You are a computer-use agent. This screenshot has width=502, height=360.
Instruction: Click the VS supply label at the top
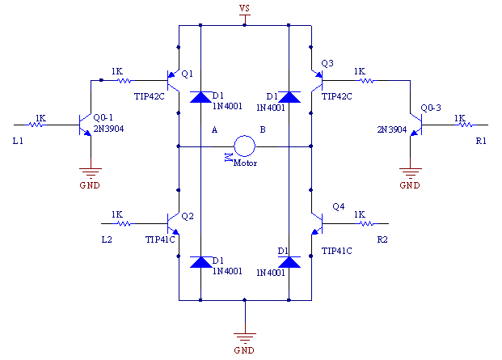tap(244, 8)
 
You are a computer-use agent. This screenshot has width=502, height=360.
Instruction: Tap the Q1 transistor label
tap(187, 74)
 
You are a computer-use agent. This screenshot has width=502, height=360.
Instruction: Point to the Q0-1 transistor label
tap(103, 117)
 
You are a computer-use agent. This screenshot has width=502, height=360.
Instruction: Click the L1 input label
tap(18, 141)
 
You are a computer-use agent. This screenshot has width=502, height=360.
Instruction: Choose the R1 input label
tap(481, 141)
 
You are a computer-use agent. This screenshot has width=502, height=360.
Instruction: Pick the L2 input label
tap(107, 239)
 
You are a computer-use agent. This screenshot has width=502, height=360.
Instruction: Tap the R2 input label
tap(382, 239)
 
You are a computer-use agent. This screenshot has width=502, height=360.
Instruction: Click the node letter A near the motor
tap(214, 129)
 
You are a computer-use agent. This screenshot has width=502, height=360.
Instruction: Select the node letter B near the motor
tap(263, 129)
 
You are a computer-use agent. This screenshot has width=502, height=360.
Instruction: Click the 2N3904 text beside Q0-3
tap(391, 129)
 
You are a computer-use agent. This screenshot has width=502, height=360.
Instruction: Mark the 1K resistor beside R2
tap(367, 223)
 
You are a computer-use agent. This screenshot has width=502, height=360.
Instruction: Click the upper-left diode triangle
tap(200, 97)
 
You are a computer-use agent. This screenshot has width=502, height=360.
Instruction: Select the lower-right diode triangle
tap(289, 262)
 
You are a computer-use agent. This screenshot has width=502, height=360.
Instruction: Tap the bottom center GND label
tap(244, 350)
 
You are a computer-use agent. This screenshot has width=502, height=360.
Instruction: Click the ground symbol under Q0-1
tap(91, 173)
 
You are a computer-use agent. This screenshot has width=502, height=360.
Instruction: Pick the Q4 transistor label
tap(339, 206)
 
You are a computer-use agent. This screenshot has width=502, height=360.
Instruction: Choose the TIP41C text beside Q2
tap(160, 239)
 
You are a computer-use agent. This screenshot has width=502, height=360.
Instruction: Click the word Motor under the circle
tap(245, 163)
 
